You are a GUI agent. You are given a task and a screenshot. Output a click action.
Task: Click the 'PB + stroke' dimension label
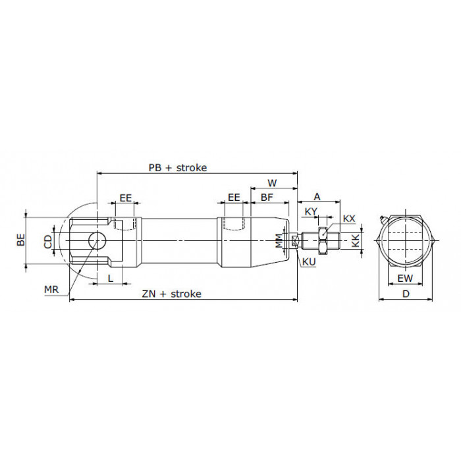[x=178, y=167]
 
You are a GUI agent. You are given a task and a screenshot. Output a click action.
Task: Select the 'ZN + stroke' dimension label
[x=172, y=294]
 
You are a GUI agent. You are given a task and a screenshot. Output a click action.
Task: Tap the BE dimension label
[x=21, y=240]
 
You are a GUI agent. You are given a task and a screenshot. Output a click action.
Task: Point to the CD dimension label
[x=48, y=242]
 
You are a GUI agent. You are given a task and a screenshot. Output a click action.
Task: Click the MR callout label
[x=51, y=290]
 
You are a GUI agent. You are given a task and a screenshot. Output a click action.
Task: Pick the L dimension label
[x=111, y=278]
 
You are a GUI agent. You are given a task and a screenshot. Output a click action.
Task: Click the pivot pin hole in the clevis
[x=97, y=240]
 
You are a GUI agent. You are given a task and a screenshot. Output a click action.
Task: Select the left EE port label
[x=126, y=198]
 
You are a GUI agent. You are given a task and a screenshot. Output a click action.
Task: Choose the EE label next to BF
[x=234, y=198]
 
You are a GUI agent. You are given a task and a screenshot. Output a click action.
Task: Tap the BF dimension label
[x=267, y=198]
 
